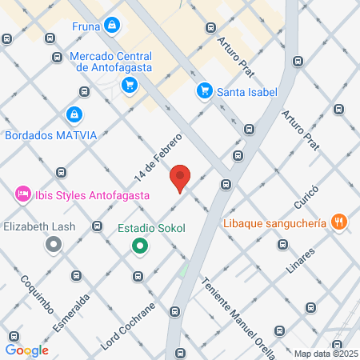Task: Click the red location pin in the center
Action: (x=181, y=178)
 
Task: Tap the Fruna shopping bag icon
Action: (x=113, y=26)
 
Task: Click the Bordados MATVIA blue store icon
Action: (x=74, y=115)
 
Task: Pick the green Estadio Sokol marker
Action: (x=140, y=246)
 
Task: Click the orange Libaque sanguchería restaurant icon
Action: (x=339, y=222)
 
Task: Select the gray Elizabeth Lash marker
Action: (x=54, y=246)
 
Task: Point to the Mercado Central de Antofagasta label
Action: (x=110, y=62)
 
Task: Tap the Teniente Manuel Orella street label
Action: (x=239, y=317)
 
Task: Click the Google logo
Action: (x=27, y=350)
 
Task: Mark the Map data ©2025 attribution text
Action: (x=326, y=354)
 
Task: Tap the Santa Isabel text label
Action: (x=246, y=91)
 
